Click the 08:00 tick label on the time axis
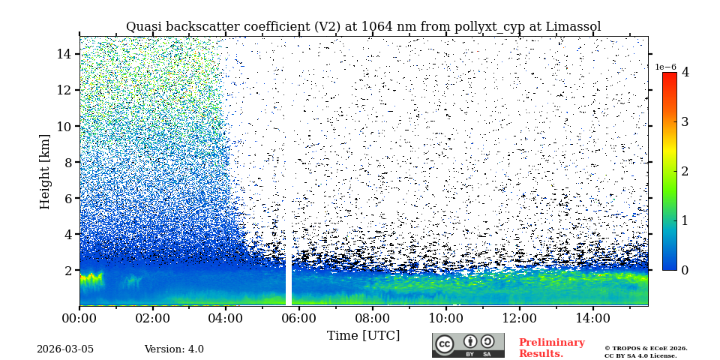click(372, 318)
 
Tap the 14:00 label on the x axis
click(592, 318)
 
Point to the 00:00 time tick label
click(79, 318)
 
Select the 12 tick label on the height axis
click(64, 90)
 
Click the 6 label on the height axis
click(67, 198)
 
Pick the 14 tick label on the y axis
click(64, 54)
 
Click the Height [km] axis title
click(45, 171)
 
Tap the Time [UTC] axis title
click(363, 335)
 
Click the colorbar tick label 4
click(685, 73)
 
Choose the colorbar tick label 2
click(685, 171)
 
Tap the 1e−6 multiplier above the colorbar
click(665, 67)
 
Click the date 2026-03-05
click(65, 349)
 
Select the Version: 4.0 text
click(174, 349)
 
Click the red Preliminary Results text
click(551, 348)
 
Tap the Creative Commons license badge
click(468, 345)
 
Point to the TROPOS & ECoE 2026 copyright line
click(646, 348)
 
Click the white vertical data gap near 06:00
click(289, 225)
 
